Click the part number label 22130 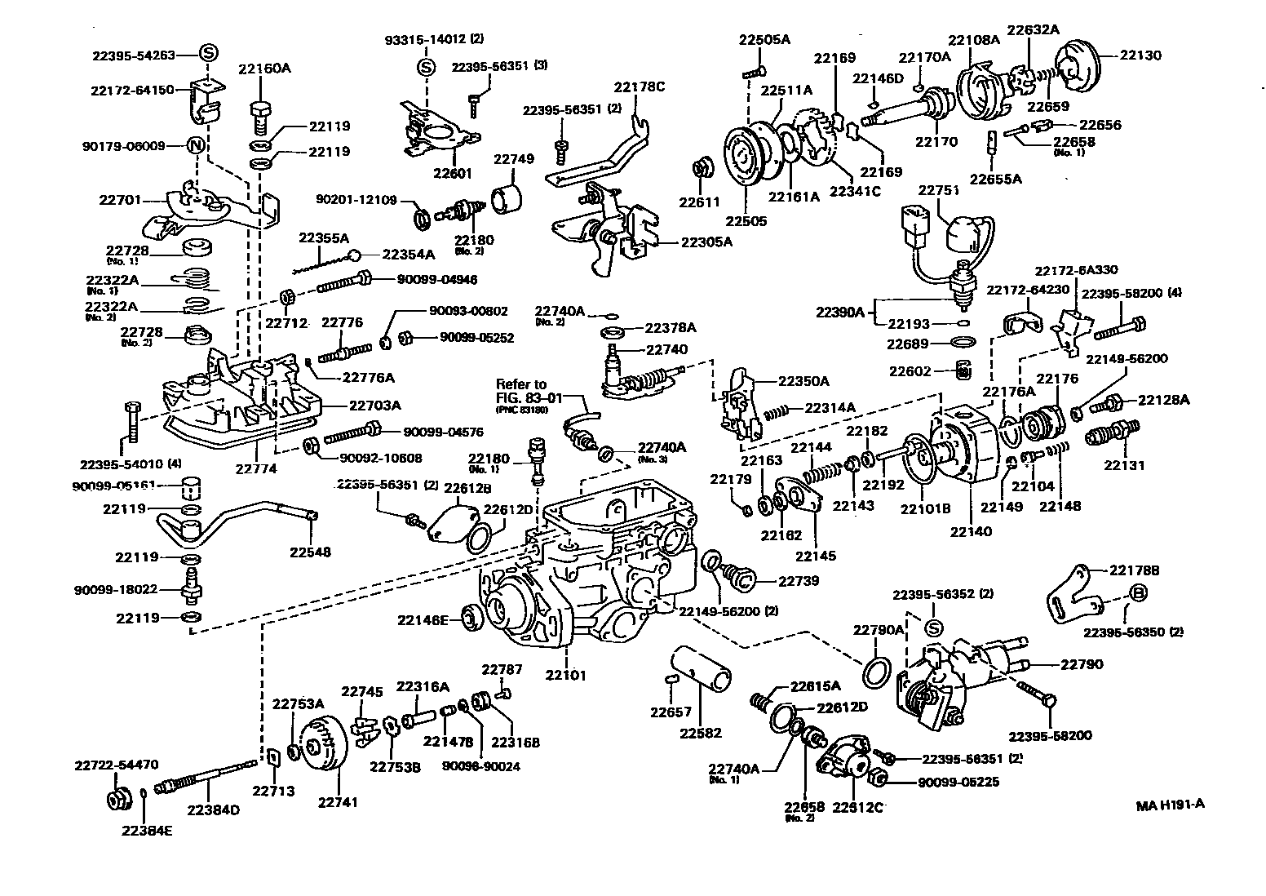[1140, 55]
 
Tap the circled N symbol [196, 146]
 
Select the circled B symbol [1139, 593]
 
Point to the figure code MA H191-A [1170, 805]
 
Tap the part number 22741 [338, 802]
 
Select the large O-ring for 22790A [877, 671]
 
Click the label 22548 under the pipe [310, 552]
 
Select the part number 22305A [706, 242]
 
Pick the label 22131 [1124, 465]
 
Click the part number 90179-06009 [123, 146]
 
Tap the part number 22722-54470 [116, 765]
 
